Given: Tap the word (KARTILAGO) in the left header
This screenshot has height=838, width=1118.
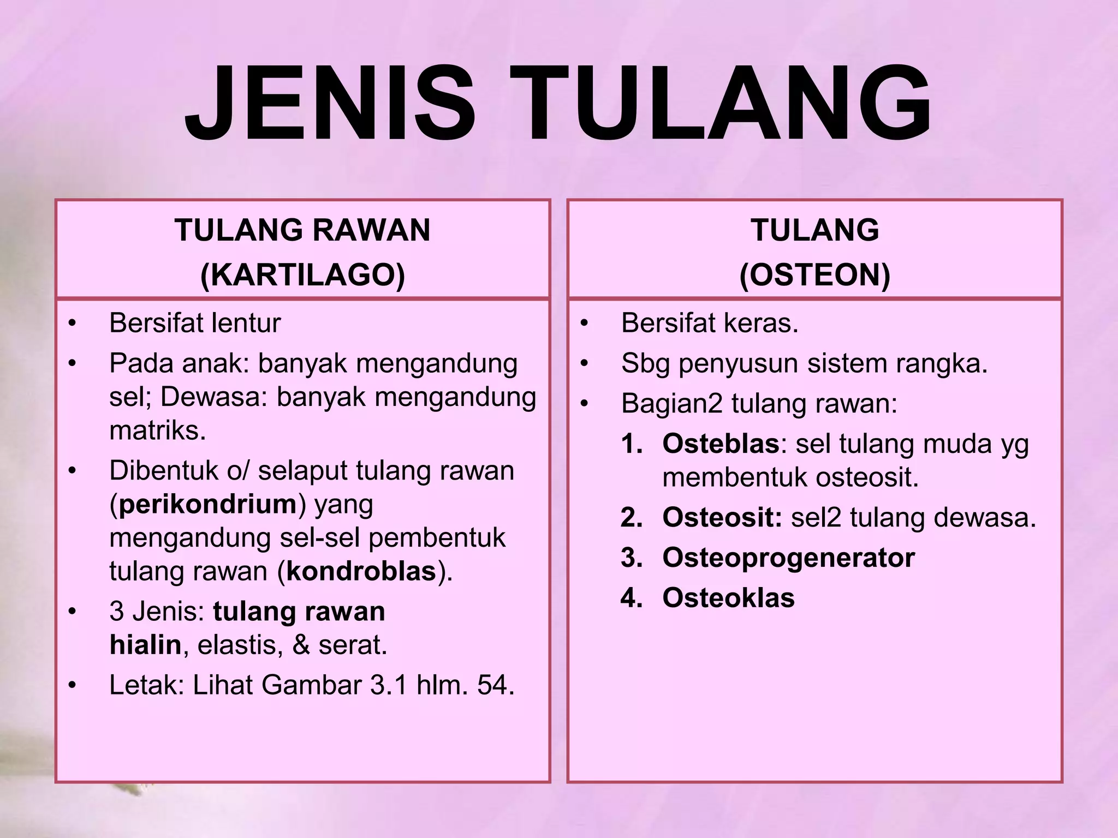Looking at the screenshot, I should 302,274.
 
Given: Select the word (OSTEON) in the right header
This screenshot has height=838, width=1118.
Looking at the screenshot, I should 814,274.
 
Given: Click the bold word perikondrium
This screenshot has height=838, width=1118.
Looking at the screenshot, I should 207,504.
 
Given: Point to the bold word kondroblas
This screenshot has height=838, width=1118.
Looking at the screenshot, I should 361,572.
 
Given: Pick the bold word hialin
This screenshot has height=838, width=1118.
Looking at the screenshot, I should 145,645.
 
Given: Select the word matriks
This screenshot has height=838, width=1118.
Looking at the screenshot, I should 157,431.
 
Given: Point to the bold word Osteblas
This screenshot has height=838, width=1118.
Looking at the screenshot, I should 721,444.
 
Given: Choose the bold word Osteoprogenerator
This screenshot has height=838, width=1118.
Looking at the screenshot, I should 788,558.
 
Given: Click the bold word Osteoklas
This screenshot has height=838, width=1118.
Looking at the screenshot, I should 728,598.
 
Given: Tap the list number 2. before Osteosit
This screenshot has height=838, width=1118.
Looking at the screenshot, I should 632,518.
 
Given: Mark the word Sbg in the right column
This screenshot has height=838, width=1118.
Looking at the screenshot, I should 645,364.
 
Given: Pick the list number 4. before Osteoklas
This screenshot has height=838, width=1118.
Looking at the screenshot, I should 632,598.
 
